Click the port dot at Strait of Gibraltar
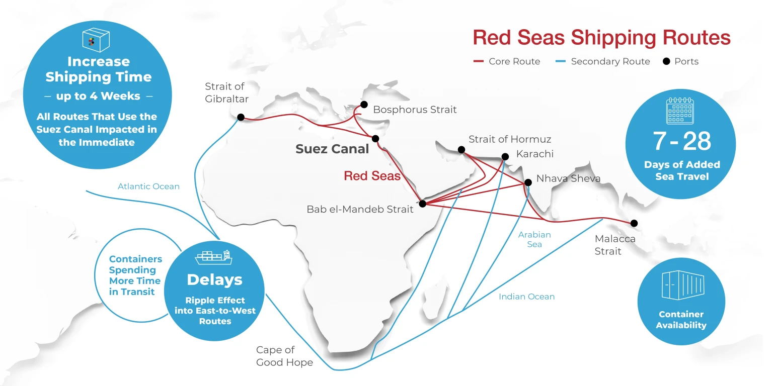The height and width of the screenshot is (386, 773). click(241, 117)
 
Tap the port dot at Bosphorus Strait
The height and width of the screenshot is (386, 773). click(364, 105)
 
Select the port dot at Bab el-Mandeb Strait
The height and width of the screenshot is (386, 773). click(423, 204)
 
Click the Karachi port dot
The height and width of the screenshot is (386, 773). click(505, 156)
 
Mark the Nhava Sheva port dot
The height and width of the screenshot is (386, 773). click(528, 182)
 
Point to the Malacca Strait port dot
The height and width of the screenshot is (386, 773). click(634, 223)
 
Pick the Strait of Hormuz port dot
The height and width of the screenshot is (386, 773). click(461, 149)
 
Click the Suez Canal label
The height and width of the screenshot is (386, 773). click(332, 149)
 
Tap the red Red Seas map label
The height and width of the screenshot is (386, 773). click(372, 176)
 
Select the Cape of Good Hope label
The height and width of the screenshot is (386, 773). click(284, 356)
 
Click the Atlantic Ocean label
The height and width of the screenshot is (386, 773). click(148, 186)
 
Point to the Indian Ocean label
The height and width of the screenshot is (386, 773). click(526, 297)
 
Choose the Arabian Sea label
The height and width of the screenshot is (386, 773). click(534, 239)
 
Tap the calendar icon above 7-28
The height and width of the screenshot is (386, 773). click(680, 111)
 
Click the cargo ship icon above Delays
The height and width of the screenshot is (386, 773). click(214, 257)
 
